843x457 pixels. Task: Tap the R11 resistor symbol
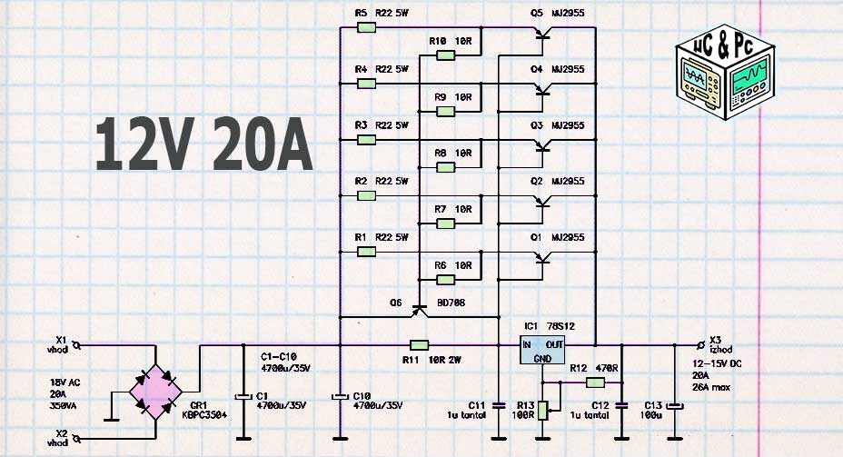419,345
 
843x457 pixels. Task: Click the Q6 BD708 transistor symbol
419,312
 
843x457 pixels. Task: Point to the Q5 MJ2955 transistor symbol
543,35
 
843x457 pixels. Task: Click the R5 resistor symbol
366,28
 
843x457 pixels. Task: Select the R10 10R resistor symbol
445,55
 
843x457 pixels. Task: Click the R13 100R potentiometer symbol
541,411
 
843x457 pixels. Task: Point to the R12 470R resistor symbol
583,382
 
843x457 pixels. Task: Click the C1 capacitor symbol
243,397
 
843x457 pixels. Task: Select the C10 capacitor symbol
339,397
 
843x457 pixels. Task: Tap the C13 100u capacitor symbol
674,405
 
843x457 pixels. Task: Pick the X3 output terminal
700,345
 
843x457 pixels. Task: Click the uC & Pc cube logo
723,74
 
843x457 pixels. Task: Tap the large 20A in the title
263,144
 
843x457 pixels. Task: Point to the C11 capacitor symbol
498,405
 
